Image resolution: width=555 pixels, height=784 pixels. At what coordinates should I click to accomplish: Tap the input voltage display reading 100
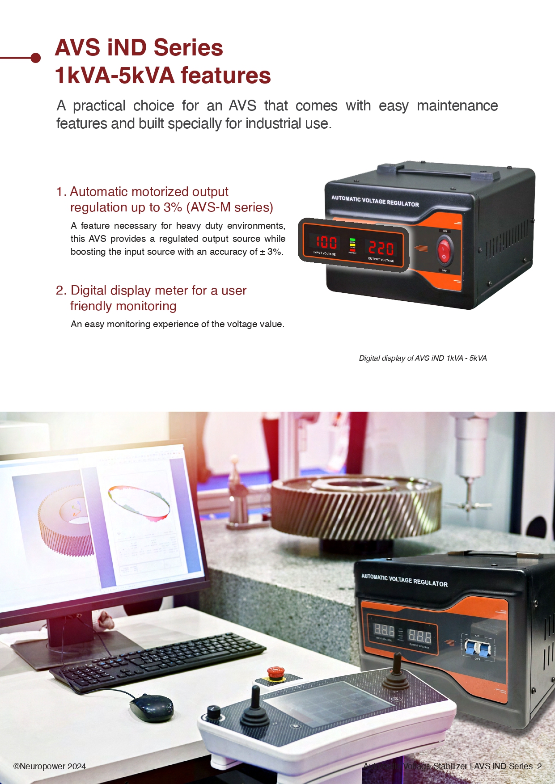(x=326, y=242)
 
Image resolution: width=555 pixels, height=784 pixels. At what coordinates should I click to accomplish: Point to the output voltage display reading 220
(x=381, y=248)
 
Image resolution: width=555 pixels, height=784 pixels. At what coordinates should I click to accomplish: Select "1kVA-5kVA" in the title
(x=115, y=76)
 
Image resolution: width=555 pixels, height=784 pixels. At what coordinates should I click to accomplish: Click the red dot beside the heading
(x=36, y=58)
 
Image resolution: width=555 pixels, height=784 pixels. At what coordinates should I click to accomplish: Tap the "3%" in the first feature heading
(x=172, y=207)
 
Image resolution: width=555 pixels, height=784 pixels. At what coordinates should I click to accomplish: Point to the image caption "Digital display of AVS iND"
(x=422, y=358)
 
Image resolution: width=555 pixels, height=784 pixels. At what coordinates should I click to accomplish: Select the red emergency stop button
(x=275, y=672)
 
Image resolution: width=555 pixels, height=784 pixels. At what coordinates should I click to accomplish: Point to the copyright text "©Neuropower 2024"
(x=50, y=766)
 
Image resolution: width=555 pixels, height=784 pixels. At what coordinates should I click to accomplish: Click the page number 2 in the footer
(x=539, y=766)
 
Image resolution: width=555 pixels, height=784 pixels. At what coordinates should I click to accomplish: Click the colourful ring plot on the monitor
(x=139, y=503)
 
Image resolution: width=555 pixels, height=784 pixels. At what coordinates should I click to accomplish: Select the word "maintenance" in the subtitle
(x=457, y=106)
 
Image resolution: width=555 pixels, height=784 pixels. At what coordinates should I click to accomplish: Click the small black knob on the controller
(x=213, y=711)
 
